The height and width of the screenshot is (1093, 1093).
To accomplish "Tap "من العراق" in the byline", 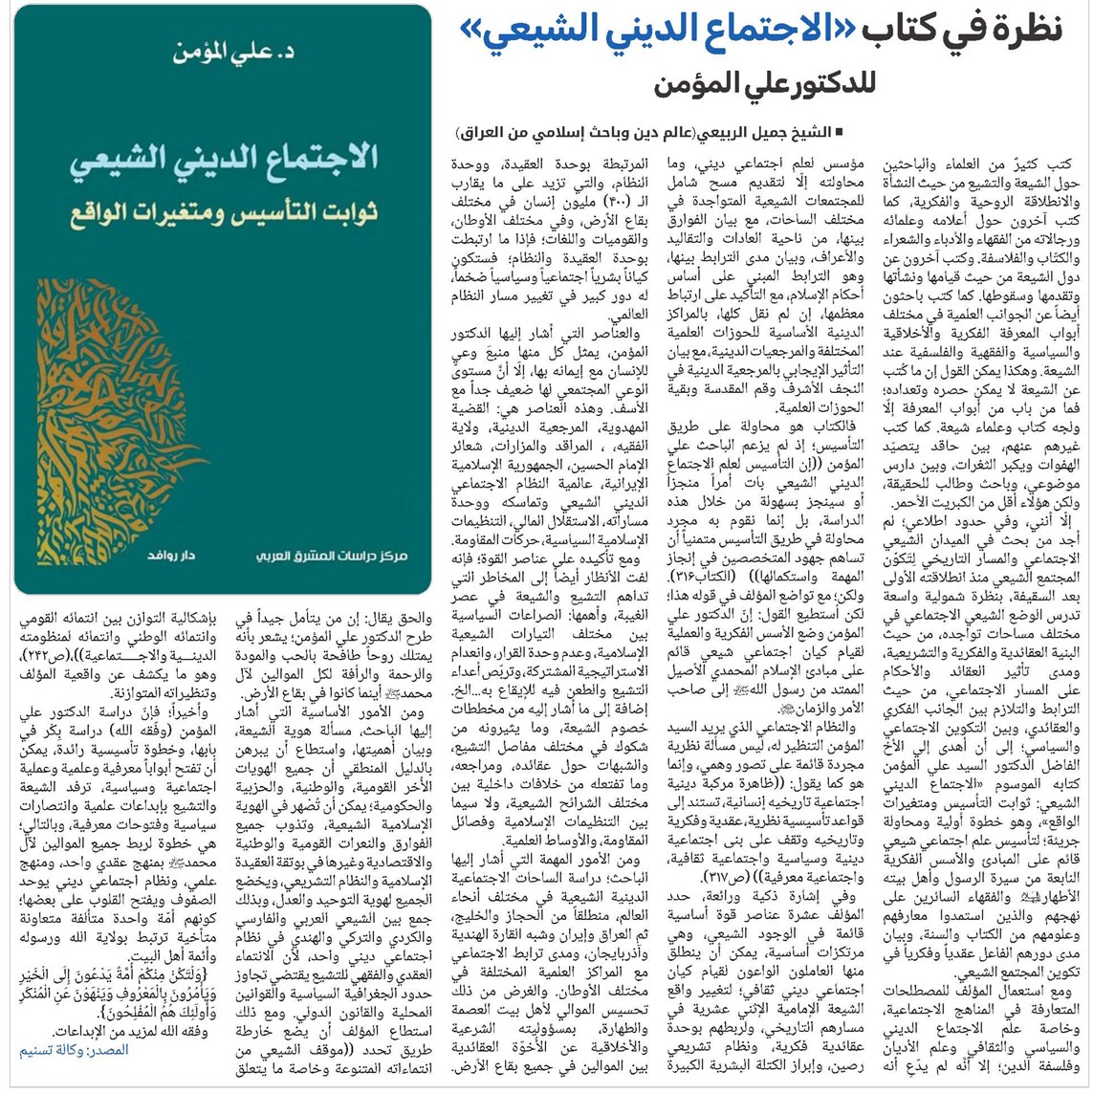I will (488, 130).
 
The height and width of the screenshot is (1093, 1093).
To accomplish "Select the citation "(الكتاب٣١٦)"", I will (698, 579).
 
